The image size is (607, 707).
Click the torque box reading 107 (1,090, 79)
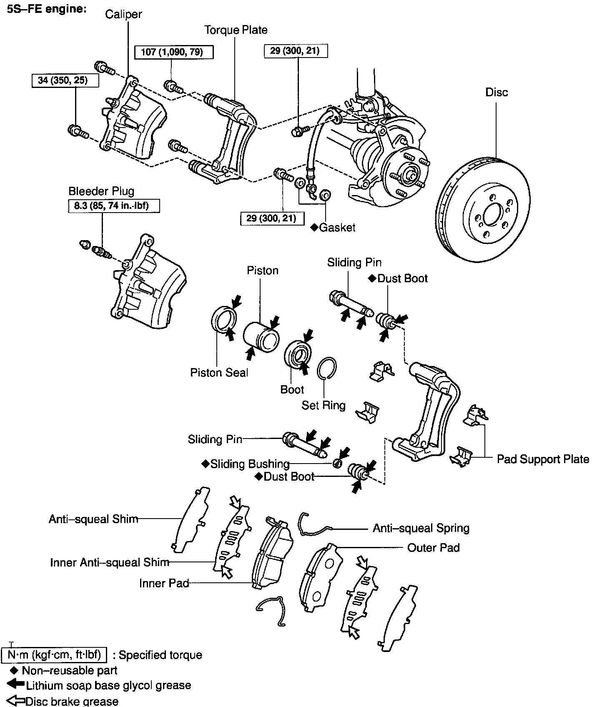click(174, 52)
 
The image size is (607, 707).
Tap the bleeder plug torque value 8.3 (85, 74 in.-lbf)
click(108, 206)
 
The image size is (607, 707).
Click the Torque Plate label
click(236, 30)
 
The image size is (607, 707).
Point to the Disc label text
click(497, 92)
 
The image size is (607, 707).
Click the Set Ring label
click(324, 405)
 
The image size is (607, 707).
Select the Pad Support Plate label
click(543, 459)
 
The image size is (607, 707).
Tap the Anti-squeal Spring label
click(421, 528)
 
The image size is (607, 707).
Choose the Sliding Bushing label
click(249, 464)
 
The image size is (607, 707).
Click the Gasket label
click(337, 228)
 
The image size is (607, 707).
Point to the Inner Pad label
click(164, 583)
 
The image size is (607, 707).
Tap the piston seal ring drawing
click(224, 319)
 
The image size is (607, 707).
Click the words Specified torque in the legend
click(161, 655)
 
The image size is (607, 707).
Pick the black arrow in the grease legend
click(15, 685)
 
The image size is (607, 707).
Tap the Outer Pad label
click(433, 548)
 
